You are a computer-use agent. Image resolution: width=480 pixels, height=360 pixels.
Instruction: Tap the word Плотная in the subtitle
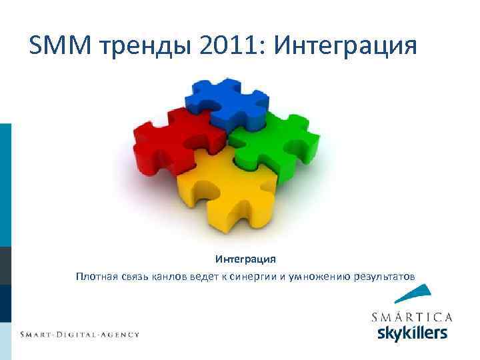(97, 276)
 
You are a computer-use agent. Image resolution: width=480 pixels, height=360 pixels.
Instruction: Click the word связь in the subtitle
(136, 276)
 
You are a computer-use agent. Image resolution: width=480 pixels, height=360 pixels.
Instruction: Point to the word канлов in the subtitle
(172, 276)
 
